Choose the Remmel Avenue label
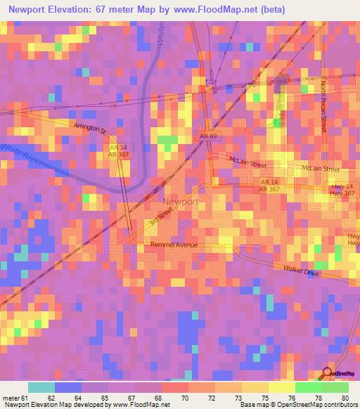tap(174, 245)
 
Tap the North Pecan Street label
tap(324, 105)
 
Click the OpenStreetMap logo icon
tap(328, 374)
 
